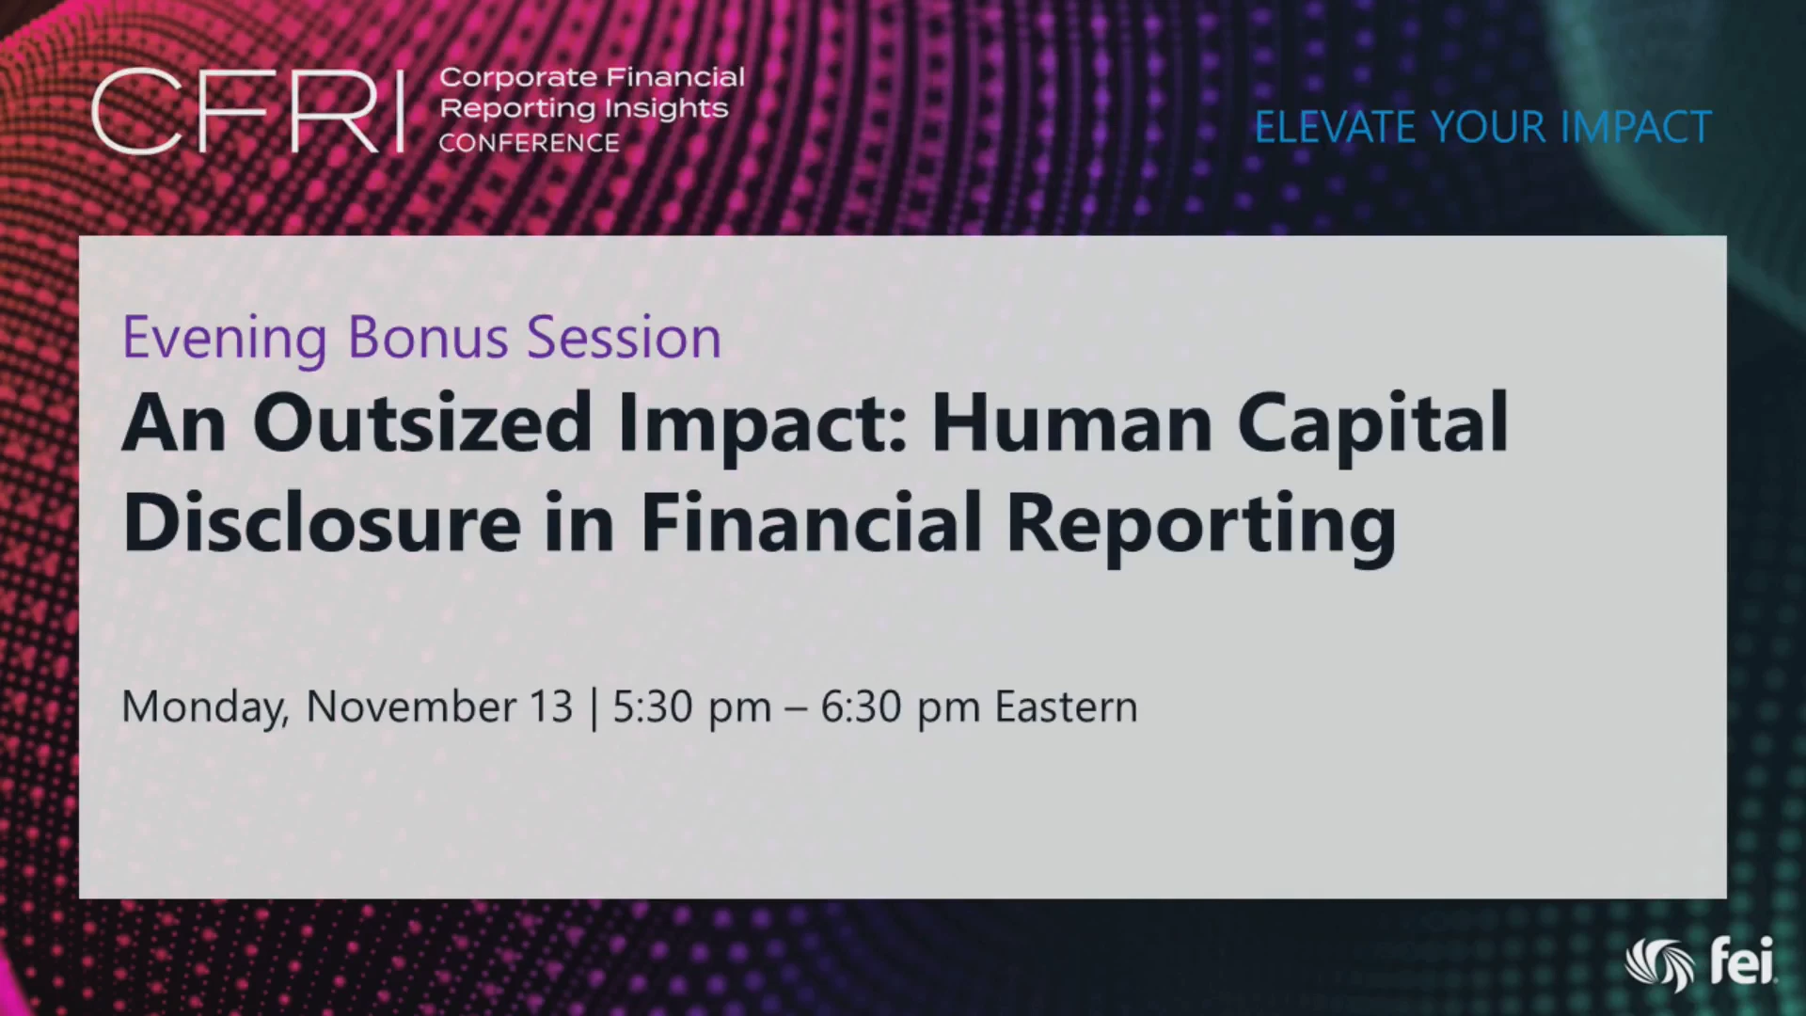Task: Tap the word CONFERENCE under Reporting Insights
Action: click(530, 143)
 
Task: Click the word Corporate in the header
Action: click(518, 77)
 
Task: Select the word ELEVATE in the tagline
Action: click(1335, 127)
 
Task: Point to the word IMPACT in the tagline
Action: click(1636, 127)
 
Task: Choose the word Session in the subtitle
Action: click(624, 337)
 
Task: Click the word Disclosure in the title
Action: click(322, 522)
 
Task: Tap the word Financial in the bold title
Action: click(812, 522)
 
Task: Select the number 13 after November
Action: click(551, 706)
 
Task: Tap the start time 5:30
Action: click(653, 706)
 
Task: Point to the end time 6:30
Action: click(861, 706)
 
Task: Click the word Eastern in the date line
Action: click(1067, 706)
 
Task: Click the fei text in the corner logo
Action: click(1742, 960)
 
